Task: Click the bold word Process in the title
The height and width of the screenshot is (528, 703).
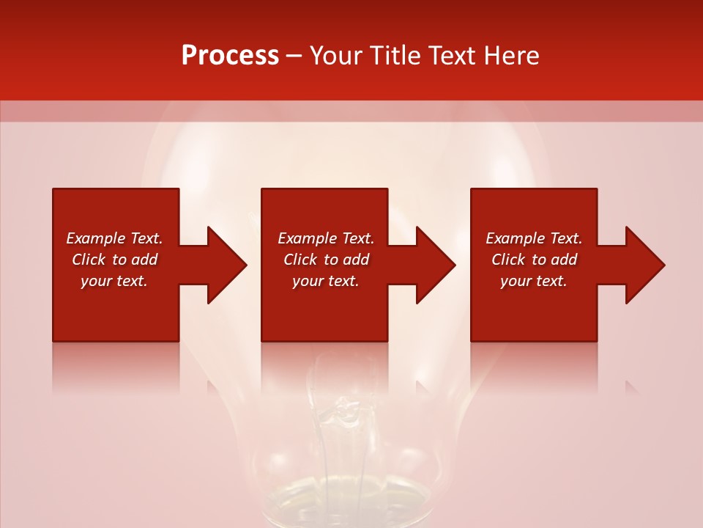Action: [230, 56]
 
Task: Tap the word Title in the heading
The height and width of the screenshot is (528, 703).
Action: [395, 56]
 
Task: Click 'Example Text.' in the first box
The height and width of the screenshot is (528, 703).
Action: [114, 238]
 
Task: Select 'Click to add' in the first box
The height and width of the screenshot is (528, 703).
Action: [114, 260]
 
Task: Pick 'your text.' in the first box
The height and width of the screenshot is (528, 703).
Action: [114, 281]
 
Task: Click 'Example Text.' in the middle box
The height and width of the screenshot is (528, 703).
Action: [326, 238]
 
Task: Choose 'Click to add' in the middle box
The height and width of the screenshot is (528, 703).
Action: [326, 260]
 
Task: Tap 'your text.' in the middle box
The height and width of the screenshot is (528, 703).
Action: [326, 281]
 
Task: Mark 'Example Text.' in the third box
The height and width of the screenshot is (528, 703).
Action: [534, 238]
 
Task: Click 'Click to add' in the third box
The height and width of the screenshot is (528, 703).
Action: [534, 260]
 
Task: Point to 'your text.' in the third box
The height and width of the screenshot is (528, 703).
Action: [534, 281]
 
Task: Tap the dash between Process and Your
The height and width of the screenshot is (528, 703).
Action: [294, 56]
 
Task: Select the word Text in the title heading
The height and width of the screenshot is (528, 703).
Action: [450, 56]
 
